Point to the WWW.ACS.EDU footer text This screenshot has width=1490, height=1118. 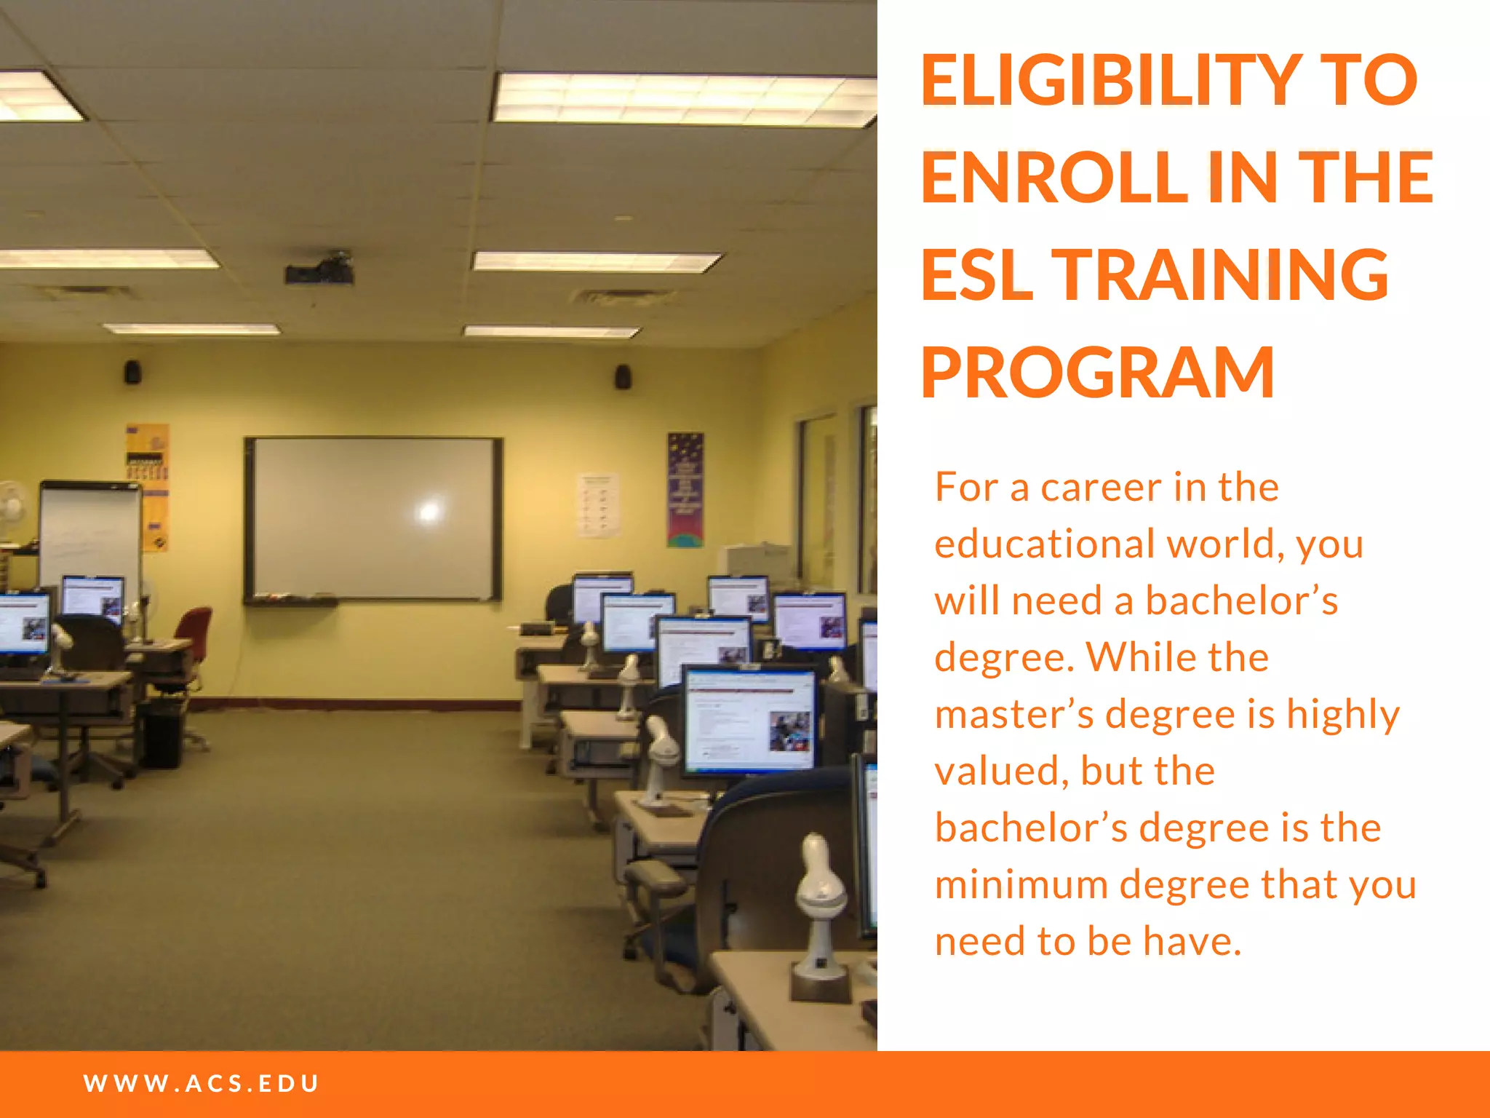(202, 1083)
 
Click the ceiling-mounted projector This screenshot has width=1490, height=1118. (320, 269)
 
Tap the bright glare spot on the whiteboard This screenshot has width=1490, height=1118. (429, 511)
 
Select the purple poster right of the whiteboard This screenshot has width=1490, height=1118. (685, 489)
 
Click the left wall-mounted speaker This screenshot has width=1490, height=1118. (132, 371)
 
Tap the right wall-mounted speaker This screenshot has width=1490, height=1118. (623, 376)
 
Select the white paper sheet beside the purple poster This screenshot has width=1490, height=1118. (598, 505)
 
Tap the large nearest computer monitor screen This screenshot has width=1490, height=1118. (750, 721)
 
